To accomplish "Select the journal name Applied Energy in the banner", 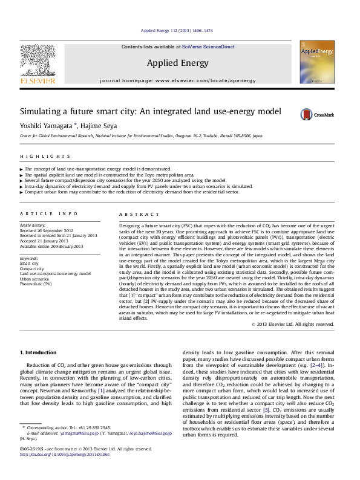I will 177,63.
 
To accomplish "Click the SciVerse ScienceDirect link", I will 209,47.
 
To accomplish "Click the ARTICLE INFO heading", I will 48,214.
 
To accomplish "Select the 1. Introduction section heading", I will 39,352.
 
